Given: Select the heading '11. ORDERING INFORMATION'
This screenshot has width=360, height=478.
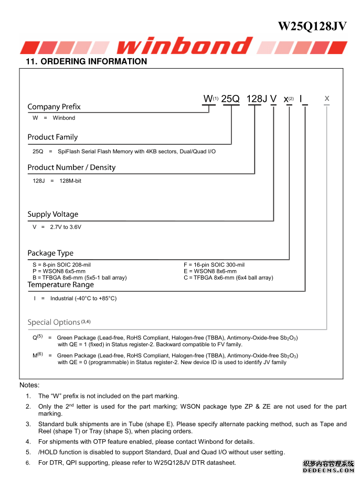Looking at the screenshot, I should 87,61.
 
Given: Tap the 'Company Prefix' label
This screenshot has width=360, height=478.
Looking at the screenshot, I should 54,107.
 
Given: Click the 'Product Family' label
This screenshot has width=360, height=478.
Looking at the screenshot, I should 52,137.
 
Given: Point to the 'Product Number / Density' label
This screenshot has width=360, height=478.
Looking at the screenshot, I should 71,168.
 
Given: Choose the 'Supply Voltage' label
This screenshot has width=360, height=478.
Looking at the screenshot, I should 53,215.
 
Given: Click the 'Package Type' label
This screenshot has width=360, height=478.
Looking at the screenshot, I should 50,253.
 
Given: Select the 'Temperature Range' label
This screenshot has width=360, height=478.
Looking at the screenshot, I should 61,285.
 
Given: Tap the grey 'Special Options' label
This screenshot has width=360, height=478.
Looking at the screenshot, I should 54,322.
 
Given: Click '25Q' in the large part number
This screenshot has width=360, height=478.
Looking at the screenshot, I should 230,99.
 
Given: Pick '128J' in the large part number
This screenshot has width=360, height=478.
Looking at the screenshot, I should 257,99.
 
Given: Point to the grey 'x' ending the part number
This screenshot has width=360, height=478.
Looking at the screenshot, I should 327,98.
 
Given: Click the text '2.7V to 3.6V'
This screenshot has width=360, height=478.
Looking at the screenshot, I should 66,227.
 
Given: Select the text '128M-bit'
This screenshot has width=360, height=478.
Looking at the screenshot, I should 70,181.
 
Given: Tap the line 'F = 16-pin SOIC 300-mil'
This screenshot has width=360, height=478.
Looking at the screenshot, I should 214,265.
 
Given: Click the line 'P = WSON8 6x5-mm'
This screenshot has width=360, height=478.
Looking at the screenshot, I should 59,271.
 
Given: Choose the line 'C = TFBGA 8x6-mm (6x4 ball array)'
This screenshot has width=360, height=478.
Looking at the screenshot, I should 228,278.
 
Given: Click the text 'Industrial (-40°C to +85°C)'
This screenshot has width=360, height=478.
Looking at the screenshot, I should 83,299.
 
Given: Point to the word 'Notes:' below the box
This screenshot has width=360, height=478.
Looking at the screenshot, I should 29,385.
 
